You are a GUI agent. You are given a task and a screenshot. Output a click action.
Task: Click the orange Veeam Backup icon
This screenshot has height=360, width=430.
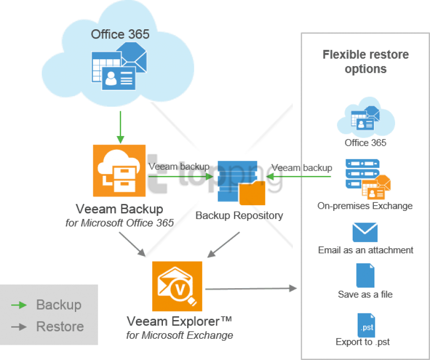tap(119, 170)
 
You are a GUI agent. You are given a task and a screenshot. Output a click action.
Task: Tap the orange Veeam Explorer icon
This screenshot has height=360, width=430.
tap(177, 286)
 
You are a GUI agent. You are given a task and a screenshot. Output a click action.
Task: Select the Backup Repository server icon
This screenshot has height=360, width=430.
tap(241, 183)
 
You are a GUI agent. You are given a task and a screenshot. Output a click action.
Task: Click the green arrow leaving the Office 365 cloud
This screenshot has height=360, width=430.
tap(120, 127)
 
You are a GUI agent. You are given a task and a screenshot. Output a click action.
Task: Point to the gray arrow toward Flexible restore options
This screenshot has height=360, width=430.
tap(251, 288)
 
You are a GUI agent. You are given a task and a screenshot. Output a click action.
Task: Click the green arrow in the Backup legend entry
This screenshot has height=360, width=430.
tap(19, 305)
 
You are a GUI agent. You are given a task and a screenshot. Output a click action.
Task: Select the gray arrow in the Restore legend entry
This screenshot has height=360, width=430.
tap(19, 327)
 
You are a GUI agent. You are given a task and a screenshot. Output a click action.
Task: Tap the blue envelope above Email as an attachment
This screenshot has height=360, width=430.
tap(365, 233)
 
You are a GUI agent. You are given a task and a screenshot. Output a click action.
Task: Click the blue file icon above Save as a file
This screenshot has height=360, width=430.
tap(365, 276)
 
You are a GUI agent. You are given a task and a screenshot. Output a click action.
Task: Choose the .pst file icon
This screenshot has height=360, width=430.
tap(366, 325)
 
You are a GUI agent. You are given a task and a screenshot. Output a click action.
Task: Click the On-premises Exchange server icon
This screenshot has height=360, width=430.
tap(368, 179)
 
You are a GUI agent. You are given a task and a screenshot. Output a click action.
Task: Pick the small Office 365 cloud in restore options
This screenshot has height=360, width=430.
tap(366, 117)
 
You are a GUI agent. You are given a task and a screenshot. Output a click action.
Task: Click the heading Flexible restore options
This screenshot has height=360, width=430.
tap(366, 62)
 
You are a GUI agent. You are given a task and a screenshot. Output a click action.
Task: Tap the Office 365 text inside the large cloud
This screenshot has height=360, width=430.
tap(120, 34)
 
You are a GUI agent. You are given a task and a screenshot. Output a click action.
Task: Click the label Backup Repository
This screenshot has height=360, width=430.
tap(239, 215)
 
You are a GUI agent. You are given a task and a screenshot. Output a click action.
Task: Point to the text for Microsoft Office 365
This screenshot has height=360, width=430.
tap(119, 223)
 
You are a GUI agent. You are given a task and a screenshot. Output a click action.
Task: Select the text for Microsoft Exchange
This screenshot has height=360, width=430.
tap(180, 335)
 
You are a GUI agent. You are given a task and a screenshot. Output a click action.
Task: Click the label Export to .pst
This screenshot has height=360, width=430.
tap(363, 342)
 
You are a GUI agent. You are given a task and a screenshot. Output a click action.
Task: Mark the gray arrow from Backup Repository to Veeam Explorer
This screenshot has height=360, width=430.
tap(224, 245)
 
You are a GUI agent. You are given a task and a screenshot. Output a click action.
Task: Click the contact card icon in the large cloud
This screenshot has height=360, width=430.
tap(118, 78)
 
